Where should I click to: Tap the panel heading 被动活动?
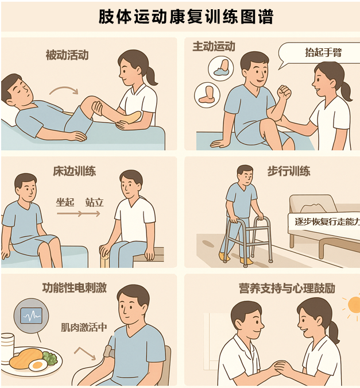[67, 55]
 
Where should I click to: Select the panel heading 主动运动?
[214, 47]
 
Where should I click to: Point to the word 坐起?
[65, 202]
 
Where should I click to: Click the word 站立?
[94, 202]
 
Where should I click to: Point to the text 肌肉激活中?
[84, 328]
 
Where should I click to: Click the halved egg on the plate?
[37, 365]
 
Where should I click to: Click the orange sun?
[353, 304]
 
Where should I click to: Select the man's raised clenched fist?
[284, 93]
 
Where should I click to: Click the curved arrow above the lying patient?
[63, 90]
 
